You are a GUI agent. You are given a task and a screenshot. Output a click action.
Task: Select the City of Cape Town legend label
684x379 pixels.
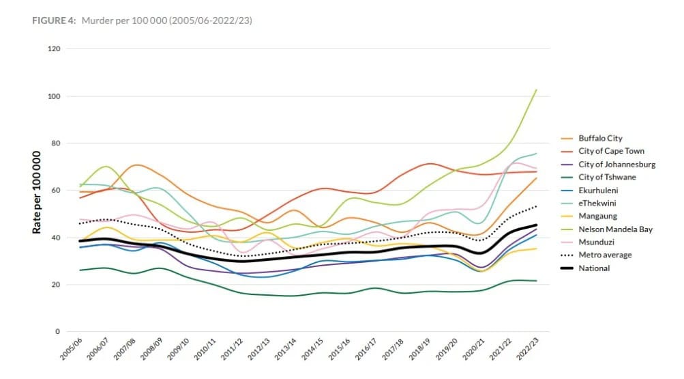coord(612,151)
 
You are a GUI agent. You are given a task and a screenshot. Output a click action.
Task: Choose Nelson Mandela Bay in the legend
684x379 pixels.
coord(615,229)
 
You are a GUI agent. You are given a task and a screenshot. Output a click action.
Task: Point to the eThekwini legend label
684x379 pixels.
coord(597,203)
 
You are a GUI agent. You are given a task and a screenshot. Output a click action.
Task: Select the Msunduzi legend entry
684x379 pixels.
coord(597,242)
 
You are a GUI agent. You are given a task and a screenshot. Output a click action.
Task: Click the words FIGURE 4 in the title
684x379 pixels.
coord(53,20)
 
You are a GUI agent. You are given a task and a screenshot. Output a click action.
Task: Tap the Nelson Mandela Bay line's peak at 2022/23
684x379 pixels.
coord(537,89)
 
